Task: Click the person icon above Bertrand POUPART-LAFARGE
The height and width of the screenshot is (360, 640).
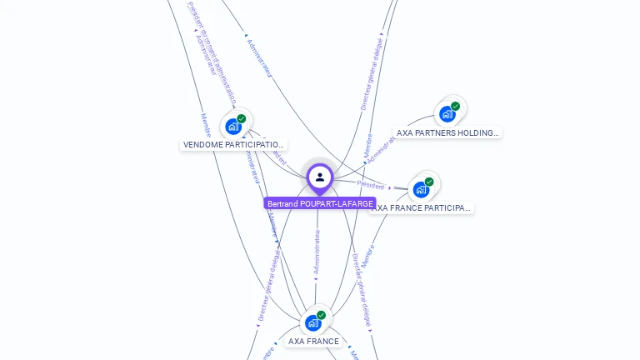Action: tap(320, 177)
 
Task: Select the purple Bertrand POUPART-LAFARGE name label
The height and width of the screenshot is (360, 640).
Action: tap(320, 203)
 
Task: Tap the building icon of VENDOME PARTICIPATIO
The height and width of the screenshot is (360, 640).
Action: tap(233, 127)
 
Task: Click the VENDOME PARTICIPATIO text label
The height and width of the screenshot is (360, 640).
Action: tap(233, 145)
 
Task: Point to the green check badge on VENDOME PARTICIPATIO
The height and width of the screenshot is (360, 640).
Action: tap(242, 118)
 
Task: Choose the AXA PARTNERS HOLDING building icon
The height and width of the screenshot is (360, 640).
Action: tap(447, 113)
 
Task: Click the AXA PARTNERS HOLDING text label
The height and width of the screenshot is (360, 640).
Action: tap(447, 132)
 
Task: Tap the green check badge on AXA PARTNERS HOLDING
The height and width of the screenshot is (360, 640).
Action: tap(456, 106)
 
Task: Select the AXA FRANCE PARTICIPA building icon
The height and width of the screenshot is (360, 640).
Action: tap(421, 189)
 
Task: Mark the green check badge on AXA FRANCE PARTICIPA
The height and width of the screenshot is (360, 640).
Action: tap(429, 182)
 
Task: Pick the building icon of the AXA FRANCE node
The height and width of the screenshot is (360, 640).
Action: tap(313, 322)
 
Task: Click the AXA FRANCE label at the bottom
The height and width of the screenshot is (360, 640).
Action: tap(313, 342)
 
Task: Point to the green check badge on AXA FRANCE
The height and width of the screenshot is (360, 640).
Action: tap(322, 315)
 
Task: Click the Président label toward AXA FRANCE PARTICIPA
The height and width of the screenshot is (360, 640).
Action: tap(371, 185)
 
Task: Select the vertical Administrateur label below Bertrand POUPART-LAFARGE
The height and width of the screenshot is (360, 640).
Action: tap(317, 252)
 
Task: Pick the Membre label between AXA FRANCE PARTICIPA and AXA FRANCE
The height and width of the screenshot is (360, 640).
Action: tap(367, 255)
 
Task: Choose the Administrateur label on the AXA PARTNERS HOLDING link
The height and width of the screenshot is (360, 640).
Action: tap(381, 150)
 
